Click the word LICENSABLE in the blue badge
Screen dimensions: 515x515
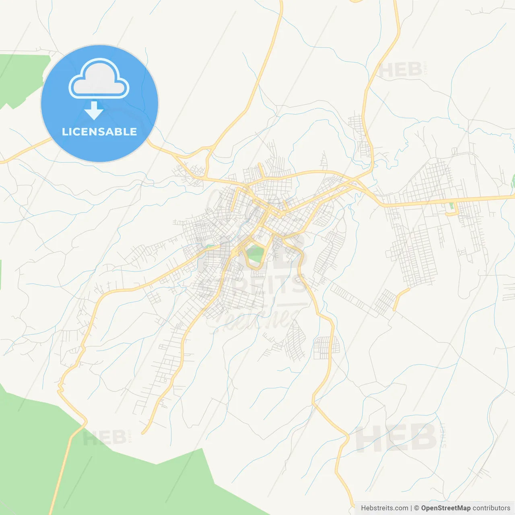coord(99,132)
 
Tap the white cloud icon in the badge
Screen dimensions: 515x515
coord(99,79)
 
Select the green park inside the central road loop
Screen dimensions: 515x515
coord(254,254)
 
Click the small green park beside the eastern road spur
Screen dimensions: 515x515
coord(451,206)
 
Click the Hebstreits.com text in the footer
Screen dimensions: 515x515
coord(384,508)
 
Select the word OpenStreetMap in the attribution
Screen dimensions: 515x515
coord(446,508)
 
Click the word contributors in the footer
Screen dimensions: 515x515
coord(491,508)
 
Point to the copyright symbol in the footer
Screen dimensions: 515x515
coord(417,508)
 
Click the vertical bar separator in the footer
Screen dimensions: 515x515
coord(411,508)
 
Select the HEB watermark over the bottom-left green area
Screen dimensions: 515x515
coord(105,438)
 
